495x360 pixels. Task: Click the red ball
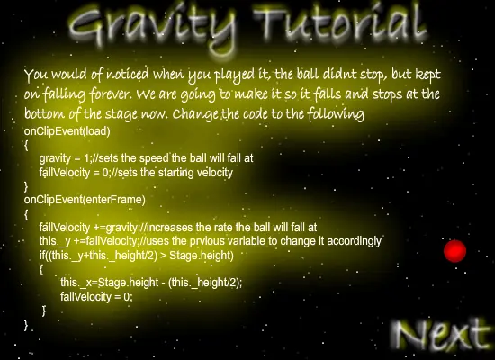tap(454, 251)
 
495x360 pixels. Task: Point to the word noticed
tap(128, 75)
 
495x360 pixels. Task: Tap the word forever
tap(110, 94)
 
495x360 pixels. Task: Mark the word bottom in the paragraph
tap(45, 113)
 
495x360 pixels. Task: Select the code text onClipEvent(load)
tap(67, 131)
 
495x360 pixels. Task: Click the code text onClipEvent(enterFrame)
tap(85, 200)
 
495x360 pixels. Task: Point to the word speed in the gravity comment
tap(156, 158)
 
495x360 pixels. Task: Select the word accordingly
tap(355, 241)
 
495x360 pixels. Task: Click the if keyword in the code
tap(42, 255)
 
